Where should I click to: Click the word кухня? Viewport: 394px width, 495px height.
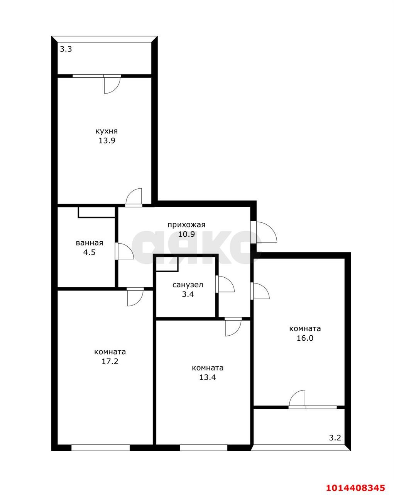[x=107, y=131]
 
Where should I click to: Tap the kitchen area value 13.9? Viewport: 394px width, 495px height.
[x=107, y=140]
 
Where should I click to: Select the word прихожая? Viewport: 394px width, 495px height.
[x=186, y=225]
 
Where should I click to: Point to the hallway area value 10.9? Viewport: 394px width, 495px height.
[x=186, y=234]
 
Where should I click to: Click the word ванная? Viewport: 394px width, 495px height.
[x=90, y=243]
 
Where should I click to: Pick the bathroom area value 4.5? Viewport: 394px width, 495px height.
[x=89, y=252]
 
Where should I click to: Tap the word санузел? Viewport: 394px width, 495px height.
[x=188, y=285]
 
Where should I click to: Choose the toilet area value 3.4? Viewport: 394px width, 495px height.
[x=188, y=294]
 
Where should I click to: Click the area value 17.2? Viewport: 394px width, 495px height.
[x=110, y=361]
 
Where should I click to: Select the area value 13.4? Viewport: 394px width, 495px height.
[x=208, y=377]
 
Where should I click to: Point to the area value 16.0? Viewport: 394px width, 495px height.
[x=305, y=338]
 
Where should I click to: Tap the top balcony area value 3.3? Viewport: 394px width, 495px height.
[x=66, y=49]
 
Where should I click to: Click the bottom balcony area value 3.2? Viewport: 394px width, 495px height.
[x=335, y=438]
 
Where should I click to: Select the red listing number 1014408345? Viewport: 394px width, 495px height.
[x=356, y=486]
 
